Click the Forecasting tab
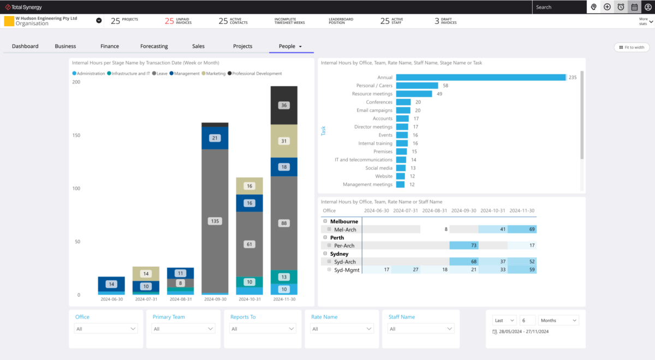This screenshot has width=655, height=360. [154, 46]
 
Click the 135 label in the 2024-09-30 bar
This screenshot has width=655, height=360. [215, 221]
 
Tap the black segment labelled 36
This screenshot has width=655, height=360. [284, 105]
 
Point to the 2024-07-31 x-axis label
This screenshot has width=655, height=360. [146, 299]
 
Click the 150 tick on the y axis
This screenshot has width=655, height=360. [76, 135]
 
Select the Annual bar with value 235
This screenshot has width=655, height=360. [480, 77]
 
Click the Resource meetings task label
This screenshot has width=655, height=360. [372, 94]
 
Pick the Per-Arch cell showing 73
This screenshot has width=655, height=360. [464, 245]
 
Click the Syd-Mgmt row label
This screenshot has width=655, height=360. [347, 270]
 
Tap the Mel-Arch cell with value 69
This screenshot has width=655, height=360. [522, 230]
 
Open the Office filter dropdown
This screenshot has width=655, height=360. [106, 329]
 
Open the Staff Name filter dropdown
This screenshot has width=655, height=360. [420, 329]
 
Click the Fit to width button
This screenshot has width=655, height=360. [632, 47]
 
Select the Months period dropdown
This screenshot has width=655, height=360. [558, 321]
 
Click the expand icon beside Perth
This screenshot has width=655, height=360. [325, 238]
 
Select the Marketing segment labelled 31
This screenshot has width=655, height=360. [284, 141]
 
